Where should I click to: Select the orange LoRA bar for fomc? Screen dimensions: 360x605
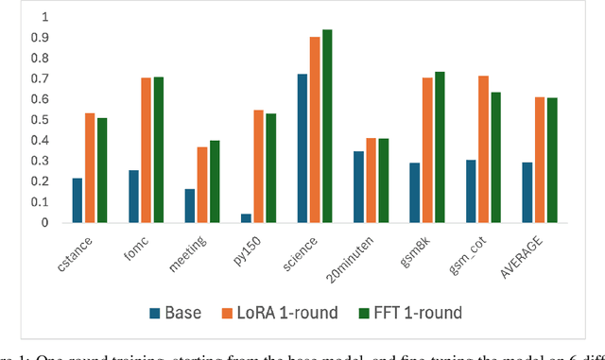click(146, 150)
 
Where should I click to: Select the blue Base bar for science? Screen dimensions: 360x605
click(302, 148)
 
